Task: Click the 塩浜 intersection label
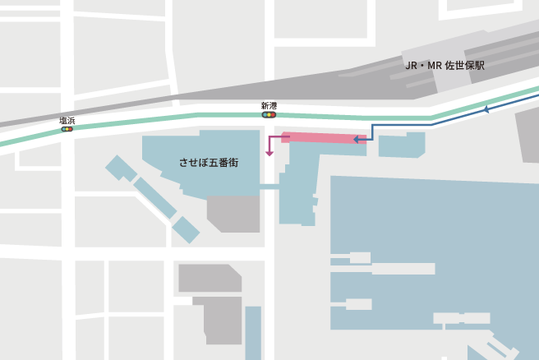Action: click(x=67, y=121)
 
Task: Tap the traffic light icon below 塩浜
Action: click(x=67, y=129)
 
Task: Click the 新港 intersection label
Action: click(x=269, y=106)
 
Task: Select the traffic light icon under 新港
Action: click(x=269, y=115)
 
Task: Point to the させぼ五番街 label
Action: click(x=210, y=163)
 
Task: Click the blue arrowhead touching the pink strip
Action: click(x=357, y=140)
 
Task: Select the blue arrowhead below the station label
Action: click(x=486, y=109)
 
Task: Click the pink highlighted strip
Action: click(x=324, y=137)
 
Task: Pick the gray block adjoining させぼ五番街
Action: click(x=233, y=213)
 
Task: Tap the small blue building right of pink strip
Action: click(x=401, y=146)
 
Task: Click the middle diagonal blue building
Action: click(x=154, y=198)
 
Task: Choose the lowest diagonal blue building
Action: click(x=186, y=229)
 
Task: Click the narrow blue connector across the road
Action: click(x=270, y=187)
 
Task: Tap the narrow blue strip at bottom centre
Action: click(x=253, y=332)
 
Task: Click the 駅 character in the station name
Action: click(x=480, y=65)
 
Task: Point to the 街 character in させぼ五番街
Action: click(x=234, y=163)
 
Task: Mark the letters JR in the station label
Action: click(x=412, y=65)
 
